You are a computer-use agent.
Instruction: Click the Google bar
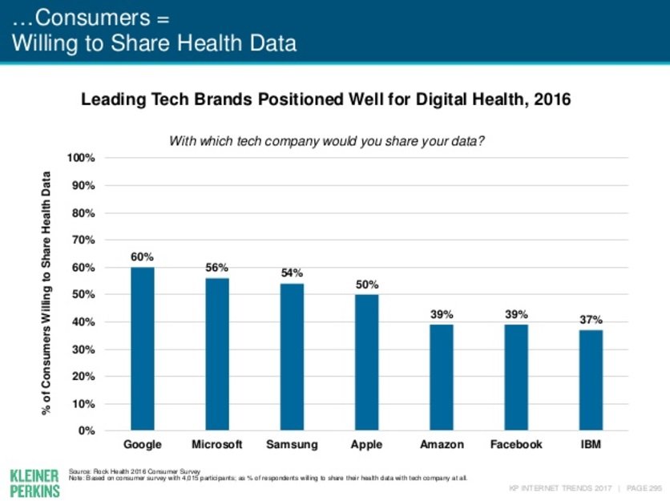143,349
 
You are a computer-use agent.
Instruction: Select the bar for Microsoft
217,354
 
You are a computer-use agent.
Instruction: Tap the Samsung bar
292,357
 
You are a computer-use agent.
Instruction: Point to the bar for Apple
366,362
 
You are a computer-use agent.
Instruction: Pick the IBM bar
591,380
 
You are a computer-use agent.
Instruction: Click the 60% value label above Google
143,257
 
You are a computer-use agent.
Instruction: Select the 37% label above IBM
591,319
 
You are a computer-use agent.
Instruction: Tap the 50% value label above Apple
367,284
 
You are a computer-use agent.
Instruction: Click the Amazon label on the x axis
442,444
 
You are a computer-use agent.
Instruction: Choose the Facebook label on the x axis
516,444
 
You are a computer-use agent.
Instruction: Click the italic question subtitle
326,141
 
